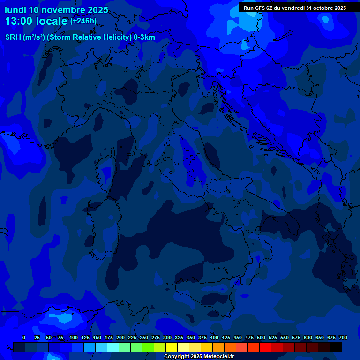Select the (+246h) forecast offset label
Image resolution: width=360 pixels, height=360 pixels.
click(83, 21)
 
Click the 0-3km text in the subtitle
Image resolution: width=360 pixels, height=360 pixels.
click(144, 37)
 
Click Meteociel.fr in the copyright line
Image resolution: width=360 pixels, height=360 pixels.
click(216, 357)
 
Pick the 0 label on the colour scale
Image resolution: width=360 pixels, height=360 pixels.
click(24, 337)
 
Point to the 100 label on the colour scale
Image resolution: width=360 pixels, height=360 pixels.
click(74, 337)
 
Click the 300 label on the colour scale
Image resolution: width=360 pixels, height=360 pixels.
click(167, 337)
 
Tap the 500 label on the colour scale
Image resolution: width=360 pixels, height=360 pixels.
click(261, 337)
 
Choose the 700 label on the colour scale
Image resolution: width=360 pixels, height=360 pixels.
click(343, 337)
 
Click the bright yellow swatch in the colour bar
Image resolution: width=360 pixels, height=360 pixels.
click(172, 347)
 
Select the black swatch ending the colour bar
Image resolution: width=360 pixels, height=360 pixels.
click(336, 347)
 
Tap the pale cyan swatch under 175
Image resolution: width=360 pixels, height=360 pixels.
click(113, 347)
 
